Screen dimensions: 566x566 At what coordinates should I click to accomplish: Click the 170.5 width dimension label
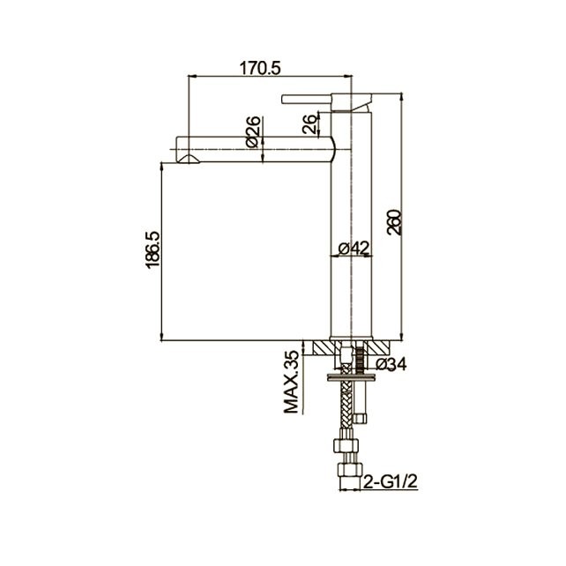pos(260,68)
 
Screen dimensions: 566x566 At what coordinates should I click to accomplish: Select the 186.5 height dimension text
pos(153,249)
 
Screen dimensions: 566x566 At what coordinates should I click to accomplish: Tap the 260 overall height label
pos(394,222)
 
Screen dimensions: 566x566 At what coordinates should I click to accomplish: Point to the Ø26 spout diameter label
pos(253,131)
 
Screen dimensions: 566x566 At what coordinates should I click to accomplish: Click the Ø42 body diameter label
pos(354,248)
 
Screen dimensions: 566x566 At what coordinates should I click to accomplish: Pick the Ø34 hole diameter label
pos(391,364)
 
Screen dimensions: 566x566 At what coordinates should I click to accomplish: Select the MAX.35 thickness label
pos(292,382)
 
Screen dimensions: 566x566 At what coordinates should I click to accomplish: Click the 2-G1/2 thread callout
pos(391,481)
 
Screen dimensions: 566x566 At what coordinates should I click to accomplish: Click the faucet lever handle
pos(307,100)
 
